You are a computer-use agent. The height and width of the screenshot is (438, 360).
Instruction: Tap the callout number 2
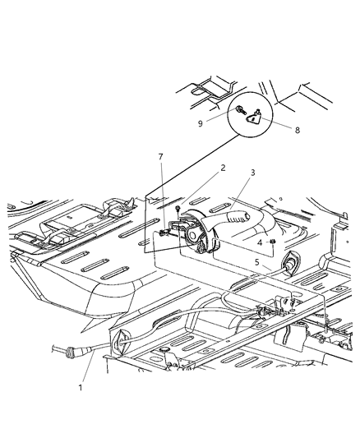(200, 191)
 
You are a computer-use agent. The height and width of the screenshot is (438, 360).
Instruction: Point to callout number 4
(259, 242)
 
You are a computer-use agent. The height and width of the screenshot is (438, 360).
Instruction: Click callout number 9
(201, 123)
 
